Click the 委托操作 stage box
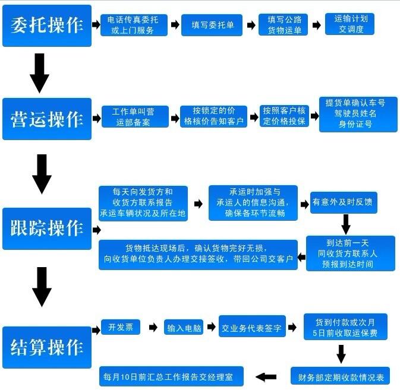[47, 26]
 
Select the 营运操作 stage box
[47, 119]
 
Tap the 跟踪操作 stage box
[47, 228]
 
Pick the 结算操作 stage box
[47, 347]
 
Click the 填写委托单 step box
[212, 25]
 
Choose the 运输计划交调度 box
[349, 24]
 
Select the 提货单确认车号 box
[358, 114]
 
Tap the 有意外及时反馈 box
[344, 202]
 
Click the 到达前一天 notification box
[350, 253]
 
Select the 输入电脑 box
[184, 327]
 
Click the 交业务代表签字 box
[252, 327]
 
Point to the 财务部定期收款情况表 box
[340, 377]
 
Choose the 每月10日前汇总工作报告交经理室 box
[172, 376]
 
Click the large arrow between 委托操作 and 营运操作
[40, 72]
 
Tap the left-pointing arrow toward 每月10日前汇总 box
[266, 376]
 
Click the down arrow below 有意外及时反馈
[345, 224]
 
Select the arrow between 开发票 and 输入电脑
[153, 327]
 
